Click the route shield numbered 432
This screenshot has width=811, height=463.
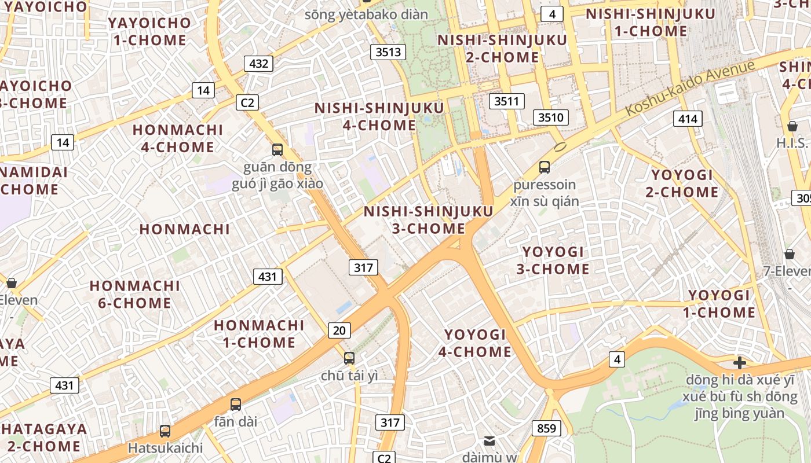click(x=258, y=63)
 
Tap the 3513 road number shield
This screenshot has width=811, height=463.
click(x=388, y=52)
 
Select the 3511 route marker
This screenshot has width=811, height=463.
click(x=506, y=101)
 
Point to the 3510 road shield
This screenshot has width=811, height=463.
click(x=550, y=117)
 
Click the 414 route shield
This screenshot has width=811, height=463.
click(x=688, y=119)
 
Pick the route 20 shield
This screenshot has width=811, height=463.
click(x=339, y=330)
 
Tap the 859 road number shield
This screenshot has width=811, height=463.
click(x=546, y=428)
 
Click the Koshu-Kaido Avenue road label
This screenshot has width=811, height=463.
click(x=691, y=87)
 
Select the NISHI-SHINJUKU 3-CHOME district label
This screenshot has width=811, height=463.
click(x=429, y=220)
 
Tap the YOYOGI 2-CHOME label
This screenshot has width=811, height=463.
click(x=682, y=183)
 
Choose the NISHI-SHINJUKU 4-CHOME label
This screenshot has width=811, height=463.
click(x=379, y=116)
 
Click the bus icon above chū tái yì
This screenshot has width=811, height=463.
click(x=349, y=358)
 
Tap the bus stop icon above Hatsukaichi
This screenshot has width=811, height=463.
click(x=165, y=431)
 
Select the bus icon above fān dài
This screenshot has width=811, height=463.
click(x=235, y=405)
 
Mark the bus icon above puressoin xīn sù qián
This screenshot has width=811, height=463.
click(x=544, y=167)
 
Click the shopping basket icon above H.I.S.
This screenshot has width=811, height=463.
click(x=792, y=126)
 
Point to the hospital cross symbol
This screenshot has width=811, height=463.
click(x=739, y=363)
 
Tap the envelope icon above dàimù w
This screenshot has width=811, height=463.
click(x=489, y=441)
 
